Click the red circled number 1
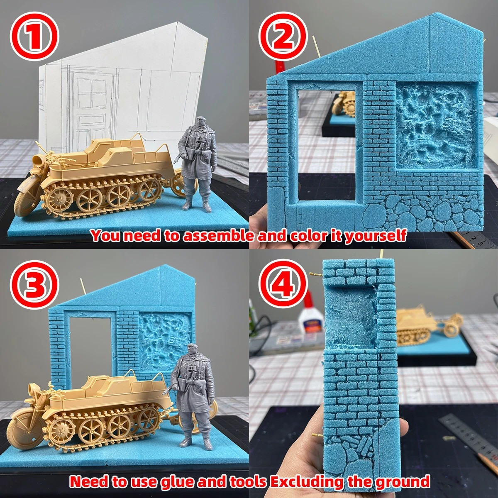coord(34,36)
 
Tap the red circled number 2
coord(283,36)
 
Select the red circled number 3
coord(34,284)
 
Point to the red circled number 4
coord(283,284)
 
